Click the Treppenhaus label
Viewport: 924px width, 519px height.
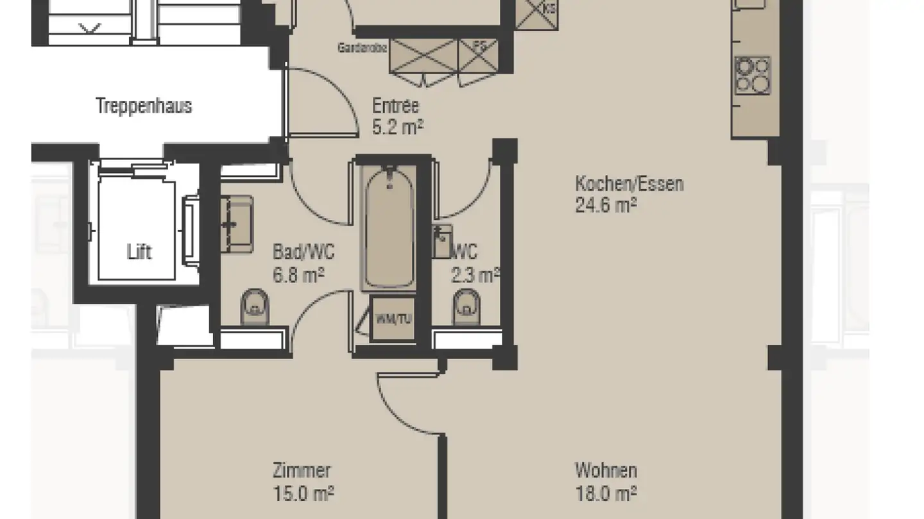[144, 106]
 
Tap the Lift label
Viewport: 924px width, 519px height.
[139, 252]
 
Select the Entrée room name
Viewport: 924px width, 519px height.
[395, 105]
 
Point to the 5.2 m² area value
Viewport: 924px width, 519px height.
[398, 127]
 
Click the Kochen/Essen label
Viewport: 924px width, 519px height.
[629, 184]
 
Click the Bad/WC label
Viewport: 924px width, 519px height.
[304, 251]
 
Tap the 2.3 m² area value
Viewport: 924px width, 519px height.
[475, 275]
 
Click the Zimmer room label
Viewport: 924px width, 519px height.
[302, 471]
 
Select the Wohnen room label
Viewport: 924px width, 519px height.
[606, 471]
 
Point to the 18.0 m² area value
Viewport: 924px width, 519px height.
[606, 493]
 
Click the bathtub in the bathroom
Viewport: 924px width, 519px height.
[388, 227]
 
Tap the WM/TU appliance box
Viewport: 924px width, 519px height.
[393, 319]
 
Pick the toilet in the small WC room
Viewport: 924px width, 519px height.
[466, 308]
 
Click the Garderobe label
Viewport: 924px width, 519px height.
[363, 48]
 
